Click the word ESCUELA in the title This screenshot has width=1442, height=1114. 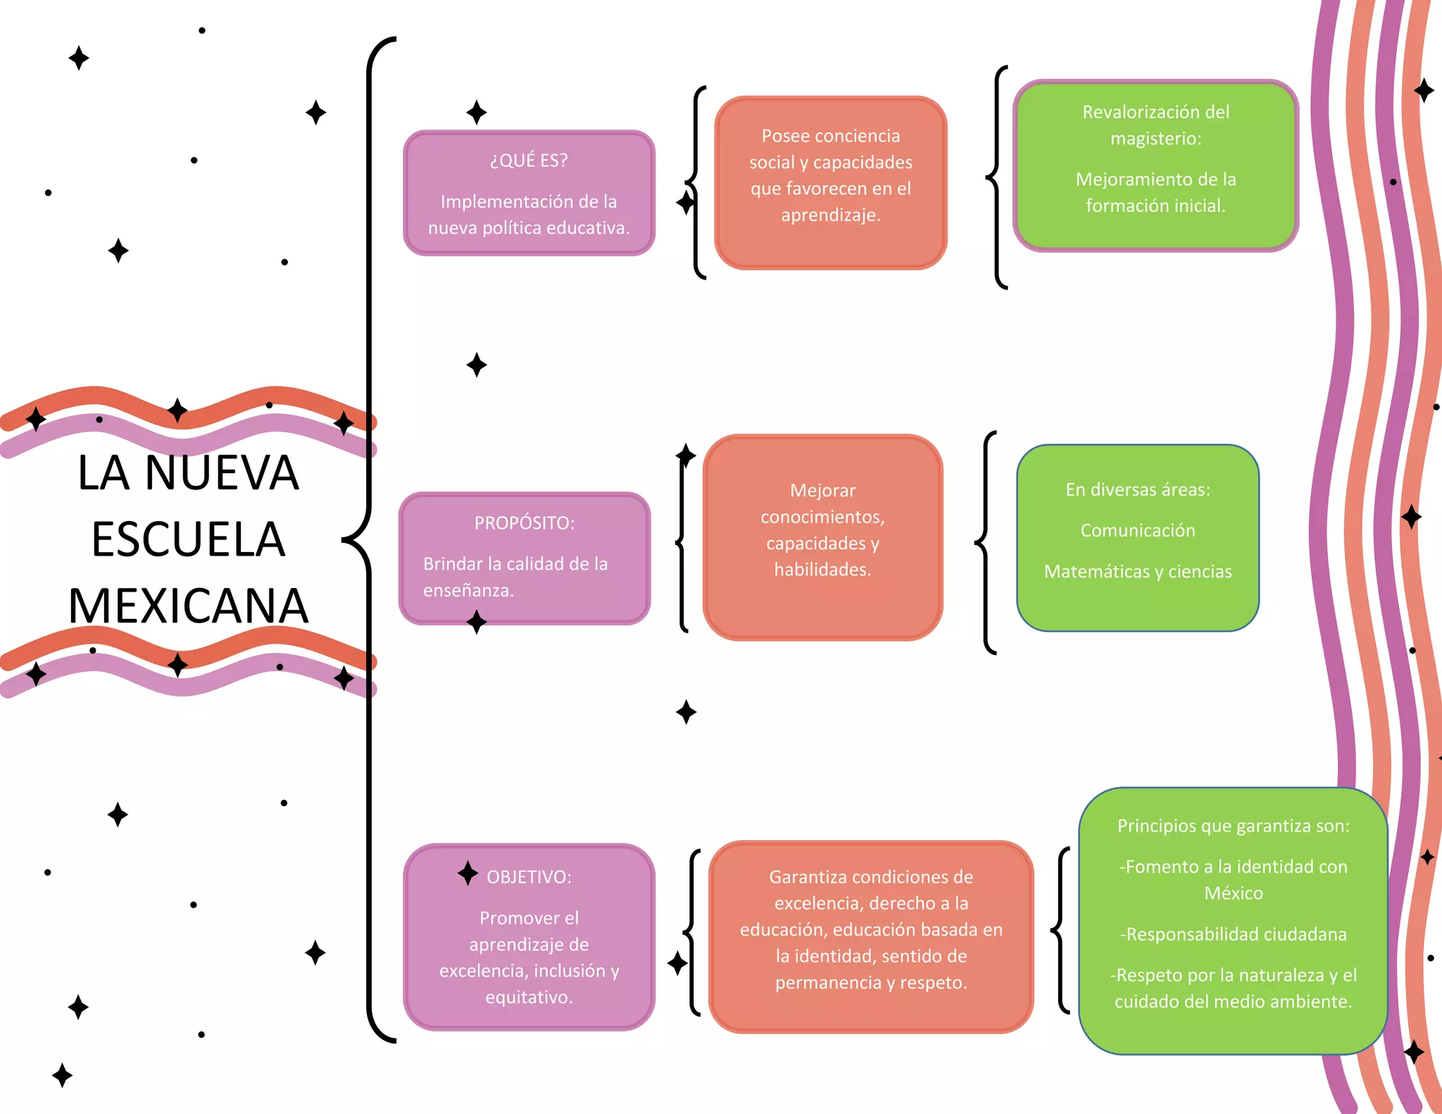[x=188, y=540]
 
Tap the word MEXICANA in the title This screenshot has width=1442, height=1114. [x=188, y=606]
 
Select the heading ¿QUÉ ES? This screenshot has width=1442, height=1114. [x=529, y=161]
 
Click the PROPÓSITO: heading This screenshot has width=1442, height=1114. [x=524, y=523]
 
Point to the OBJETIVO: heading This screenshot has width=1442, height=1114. [x=529, y=877]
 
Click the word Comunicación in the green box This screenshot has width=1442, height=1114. [x=1138, y=530]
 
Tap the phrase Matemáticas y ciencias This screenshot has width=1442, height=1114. [x=1138, y=571]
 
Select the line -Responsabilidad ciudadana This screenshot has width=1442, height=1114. [x=1233, y=934]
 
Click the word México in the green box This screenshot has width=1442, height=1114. [x=1233, y=893]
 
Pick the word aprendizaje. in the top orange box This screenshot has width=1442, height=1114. [x=831, y=215]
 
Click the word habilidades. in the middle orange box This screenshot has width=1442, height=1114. [x=822, y=569]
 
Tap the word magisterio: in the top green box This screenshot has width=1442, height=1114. [x=1155, y=139]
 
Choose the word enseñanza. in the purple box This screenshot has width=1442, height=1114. [x=468, y=590]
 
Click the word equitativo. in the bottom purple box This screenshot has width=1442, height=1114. [x=529, y=997]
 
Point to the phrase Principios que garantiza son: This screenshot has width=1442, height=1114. [x=1233, y=826]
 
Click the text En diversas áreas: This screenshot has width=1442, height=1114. [x=1138, y=489]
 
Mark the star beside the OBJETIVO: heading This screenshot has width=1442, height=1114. [x=468, y=873]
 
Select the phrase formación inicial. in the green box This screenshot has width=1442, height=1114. [x=1155, y=206]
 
